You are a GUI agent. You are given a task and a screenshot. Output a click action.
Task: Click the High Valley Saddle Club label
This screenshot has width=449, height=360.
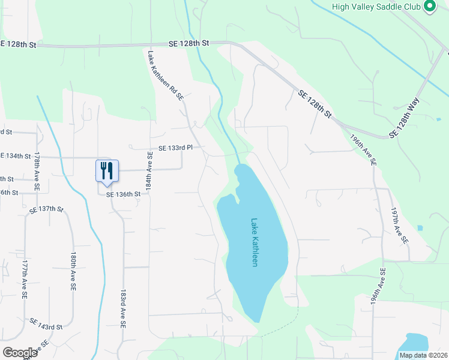pos(376,7)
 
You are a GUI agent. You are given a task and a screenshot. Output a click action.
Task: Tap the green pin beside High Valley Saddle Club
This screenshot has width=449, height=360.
pos(430,7)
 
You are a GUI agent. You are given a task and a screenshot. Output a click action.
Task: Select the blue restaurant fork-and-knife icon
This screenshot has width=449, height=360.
pos(107,170)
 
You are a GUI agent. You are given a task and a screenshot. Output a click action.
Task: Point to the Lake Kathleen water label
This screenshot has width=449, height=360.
pos(255,242)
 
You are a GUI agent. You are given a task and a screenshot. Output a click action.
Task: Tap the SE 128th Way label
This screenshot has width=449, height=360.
pos(404,118)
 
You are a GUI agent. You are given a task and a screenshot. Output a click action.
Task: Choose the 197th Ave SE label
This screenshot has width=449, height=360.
pos(399,226)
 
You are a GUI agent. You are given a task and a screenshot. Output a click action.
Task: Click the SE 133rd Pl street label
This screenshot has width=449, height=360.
pos(175,148)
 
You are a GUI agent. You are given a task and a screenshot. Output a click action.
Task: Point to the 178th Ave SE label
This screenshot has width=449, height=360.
pos(37,171)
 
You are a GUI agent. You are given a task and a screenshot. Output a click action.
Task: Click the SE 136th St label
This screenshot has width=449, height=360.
pos(123,194)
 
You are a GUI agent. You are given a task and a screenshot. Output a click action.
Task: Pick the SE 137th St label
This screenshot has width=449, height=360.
pos(46,209)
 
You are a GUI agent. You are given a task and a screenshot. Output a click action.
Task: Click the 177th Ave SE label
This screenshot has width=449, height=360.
pos(24,280)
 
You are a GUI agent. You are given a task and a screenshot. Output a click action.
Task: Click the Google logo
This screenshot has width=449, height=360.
pos(20,352)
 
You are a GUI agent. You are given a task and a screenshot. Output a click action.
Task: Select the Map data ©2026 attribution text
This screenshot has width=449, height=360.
pos(423,355)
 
